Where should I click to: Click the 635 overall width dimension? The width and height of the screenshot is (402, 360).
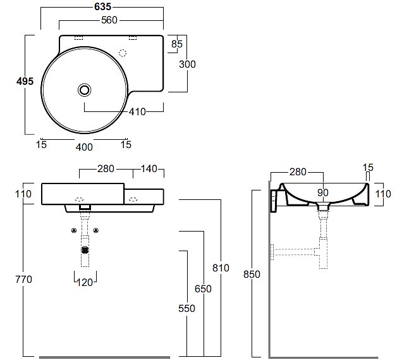[x=103, y=7]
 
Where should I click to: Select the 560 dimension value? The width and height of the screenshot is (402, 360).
[x=109, y=20]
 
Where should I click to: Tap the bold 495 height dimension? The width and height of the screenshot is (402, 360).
[x=25, y=82]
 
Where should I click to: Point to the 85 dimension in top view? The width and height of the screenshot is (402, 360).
[x=177, y=44]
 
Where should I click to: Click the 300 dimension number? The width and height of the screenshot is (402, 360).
[x=187, y=64]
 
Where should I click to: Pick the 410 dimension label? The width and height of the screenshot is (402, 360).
[x=137, y=111]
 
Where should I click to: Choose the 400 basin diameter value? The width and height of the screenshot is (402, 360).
[x=84, y=147]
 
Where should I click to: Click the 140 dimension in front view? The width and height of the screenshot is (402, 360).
[x=149, y=168]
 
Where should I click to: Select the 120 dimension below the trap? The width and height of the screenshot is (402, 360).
[x=85, y=283]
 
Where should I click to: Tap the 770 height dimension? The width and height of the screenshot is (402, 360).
[x=23, y=279]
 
